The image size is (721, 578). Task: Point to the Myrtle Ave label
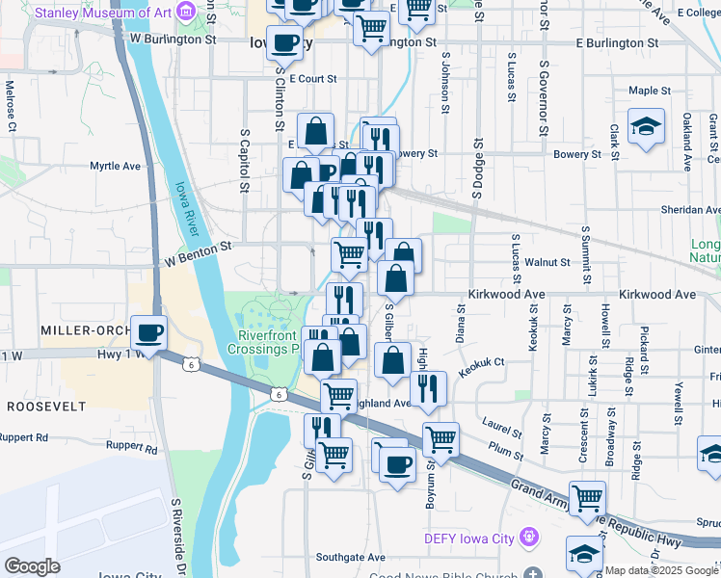click(116, 166)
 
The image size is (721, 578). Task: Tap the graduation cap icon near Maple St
click(645, 127)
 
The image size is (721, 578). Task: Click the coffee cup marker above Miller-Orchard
click(148, 334)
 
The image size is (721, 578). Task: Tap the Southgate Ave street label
click(351, 557)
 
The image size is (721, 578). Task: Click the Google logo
click(32, 565)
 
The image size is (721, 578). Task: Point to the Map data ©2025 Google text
click(661, 570)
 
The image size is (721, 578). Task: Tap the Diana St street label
click(461, 323)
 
